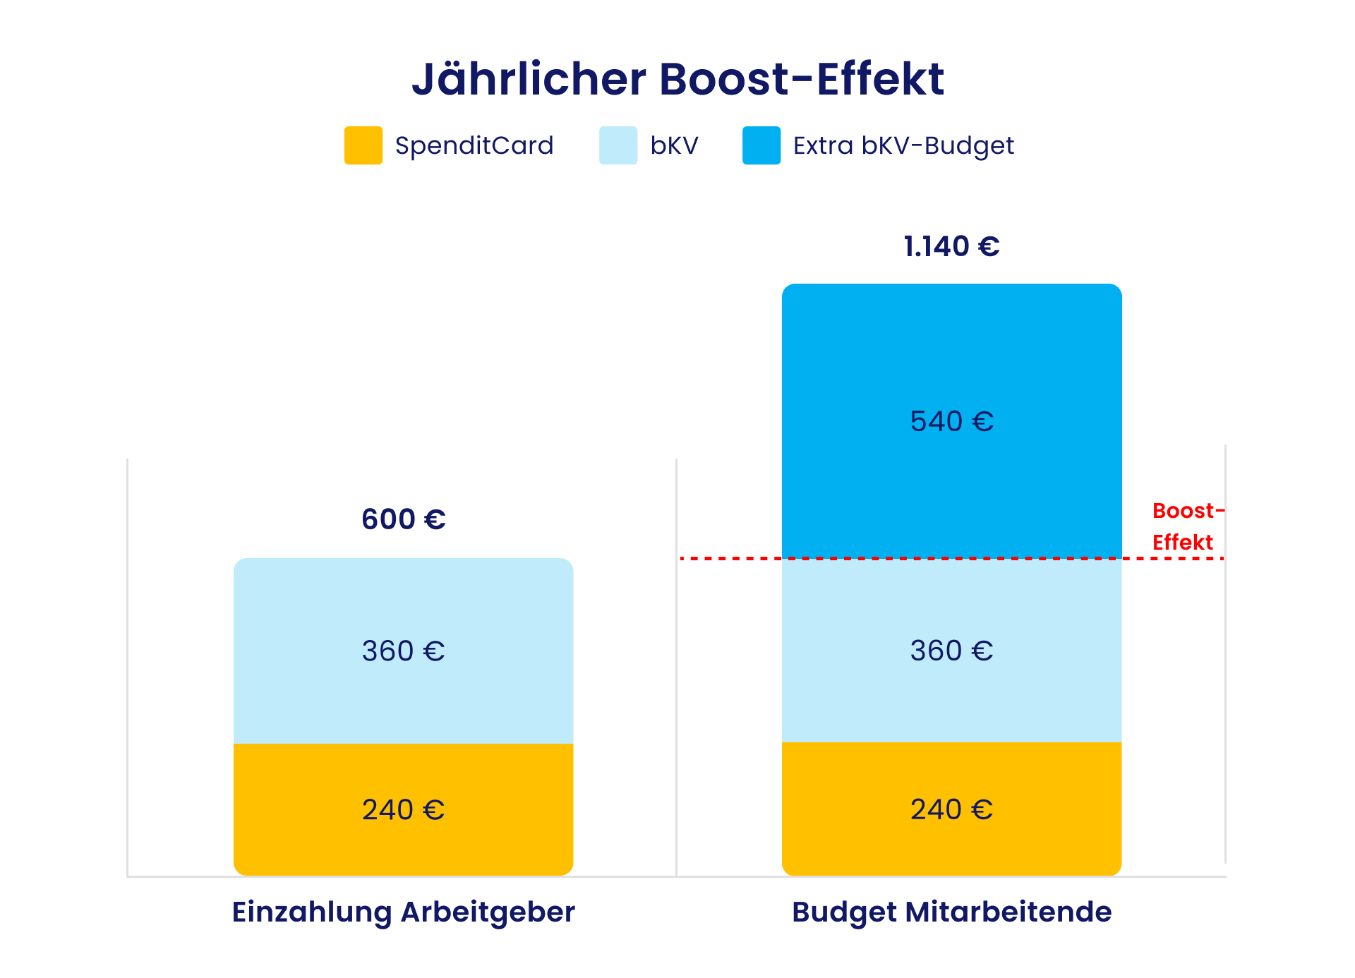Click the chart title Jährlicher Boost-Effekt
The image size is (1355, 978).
tap(677, 79)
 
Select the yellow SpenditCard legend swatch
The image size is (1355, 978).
tap(363, 145)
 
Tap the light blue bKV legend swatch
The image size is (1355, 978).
tap(618, 145)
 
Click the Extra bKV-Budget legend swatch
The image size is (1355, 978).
tap(761, 145)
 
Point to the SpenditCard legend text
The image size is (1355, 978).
tap(474, 145)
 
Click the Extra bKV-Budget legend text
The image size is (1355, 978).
tap(903, 145)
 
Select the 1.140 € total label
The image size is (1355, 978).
tap(951, 246)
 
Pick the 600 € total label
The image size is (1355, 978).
tap(403, 519)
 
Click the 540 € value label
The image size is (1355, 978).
tap(951, 421)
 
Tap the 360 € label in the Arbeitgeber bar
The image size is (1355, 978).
tap(403, 651)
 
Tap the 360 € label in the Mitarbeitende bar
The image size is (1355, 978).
tap(951, 651)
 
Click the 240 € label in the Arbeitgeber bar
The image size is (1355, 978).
tap(403, 809)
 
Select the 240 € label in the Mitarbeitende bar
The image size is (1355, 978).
tap(951, 809)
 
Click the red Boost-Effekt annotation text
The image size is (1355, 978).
tap(1186, 526)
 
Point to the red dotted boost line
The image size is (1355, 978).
tap(727, 558)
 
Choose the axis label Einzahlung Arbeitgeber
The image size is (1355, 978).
tap(403, 912)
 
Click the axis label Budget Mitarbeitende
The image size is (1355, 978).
tap(951, 912)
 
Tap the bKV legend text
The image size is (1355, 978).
tap(674, 145)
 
